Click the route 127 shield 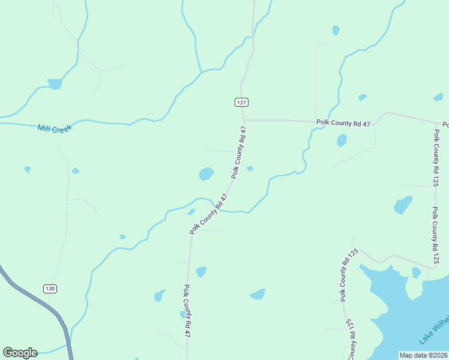click(x=241, y=102)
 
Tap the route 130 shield click(x=50, y=289)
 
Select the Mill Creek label click(x=54, y=128)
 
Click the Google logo click(x=20, y=352)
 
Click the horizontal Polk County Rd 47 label click(x=343, y=123)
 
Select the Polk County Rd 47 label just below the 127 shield click(x=239, y=152)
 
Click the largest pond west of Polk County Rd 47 click(x=206, y=173)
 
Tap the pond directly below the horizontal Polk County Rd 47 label click(x=342, y=140)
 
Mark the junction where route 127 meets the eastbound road click(x=243, y=120)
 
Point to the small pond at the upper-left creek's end click(x=55, y=84)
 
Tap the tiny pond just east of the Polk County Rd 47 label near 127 click(x=250, y=168)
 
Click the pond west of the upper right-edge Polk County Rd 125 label click(x=403, y=205)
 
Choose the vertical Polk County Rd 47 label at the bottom click(x=187, y=310)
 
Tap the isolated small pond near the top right click(x=336, y=30)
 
